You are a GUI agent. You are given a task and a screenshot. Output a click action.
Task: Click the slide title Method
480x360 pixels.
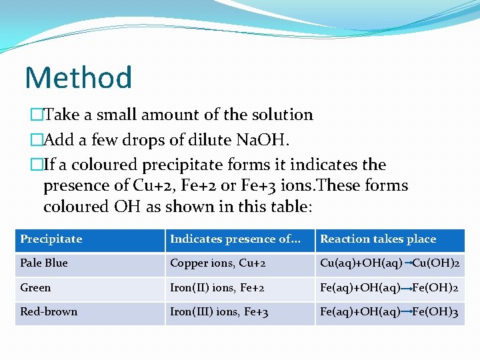(x=78, y=77)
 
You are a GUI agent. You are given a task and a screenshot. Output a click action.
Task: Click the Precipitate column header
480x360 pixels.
(x=51, y=239)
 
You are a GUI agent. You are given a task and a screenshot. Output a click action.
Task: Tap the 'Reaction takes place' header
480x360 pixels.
(x=378, y=239)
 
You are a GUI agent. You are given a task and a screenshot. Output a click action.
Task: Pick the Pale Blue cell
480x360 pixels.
(x=44, y=263)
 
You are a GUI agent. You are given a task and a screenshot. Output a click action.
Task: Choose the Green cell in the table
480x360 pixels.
(x=35, y=287)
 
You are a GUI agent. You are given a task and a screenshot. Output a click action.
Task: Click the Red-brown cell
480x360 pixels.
(x=49, y=311)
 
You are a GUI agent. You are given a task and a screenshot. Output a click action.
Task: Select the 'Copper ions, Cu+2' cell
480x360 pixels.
(x=218, y=263)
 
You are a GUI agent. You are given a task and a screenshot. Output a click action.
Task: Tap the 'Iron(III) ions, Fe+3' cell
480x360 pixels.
(x=219, y=312)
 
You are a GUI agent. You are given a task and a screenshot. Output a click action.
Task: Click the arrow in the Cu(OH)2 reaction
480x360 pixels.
(x=407, y=263)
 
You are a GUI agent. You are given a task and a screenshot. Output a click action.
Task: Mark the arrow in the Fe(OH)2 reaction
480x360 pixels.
(x=406, y=288)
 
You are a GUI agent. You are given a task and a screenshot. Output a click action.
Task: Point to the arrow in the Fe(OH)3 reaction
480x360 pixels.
(x=406, y=312)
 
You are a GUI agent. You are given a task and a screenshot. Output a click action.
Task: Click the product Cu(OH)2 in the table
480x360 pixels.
(x=436, y=263)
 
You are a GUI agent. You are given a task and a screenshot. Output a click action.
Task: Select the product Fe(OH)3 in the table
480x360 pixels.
(x=435, y=312)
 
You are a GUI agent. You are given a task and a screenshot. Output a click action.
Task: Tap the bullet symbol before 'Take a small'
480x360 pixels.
(x=36, y=115)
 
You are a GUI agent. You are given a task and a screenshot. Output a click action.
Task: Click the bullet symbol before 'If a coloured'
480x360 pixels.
(x=36, y=165)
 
